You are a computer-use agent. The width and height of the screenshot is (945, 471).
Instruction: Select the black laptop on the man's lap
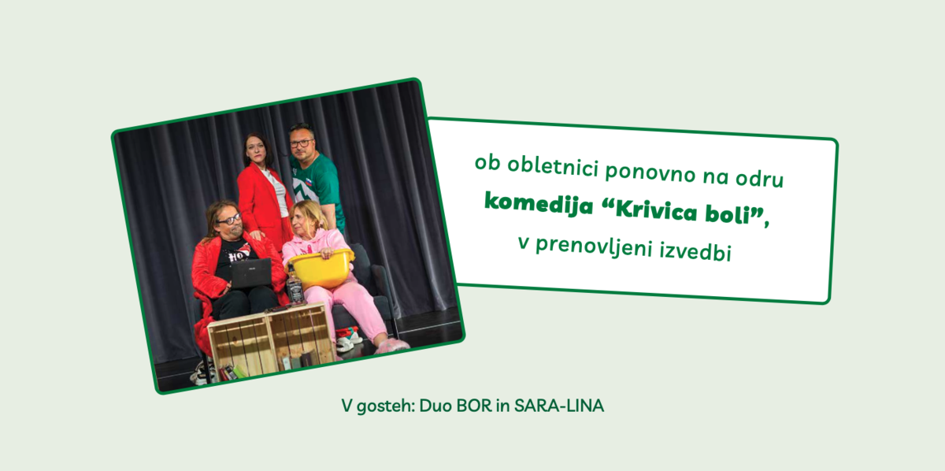(x=250, y=273)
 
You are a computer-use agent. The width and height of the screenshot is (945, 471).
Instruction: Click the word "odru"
(x=759, y=178)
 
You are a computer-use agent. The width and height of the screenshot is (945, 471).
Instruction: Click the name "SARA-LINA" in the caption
(x=559, y=406)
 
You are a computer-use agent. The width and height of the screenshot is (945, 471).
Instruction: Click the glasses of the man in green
(x=301, y=143)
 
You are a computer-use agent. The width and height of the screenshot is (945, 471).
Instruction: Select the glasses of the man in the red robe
(x=229, y=220)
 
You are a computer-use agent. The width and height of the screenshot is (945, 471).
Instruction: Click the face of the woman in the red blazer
(x=255, y=149)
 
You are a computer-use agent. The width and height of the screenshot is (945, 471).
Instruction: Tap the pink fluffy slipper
(x=391, y=346)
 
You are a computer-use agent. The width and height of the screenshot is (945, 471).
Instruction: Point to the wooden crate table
(x=271, y=339)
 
